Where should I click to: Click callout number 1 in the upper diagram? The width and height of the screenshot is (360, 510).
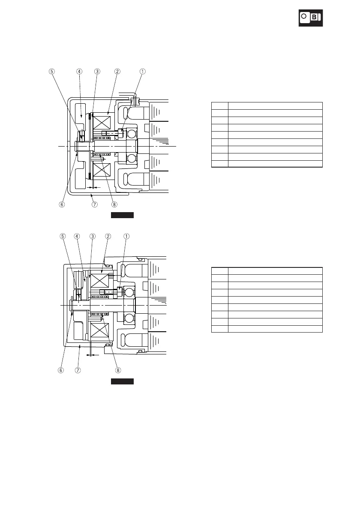[143, 72]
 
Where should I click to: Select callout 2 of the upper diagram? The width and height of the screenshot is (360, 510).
[117, 72]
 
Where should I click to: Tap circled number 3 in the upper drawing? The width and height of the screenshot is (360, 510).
[97, 72]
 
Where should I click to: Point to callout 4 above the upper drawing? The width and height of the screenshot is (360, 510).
[80, 72]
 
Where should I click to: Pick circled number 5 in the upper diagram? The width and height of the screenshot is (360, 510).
[52, 72]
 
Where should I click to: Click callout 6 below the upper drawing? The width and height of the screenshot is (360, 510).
[62, 205]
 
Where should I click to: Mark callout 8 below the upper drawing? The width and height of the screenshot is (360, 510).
[115, 205]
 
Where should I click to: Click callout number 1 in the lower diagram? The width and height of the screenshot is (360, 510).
[126, 236]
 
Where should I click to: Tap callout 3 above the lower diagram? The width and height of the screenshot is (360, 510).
[92, 236]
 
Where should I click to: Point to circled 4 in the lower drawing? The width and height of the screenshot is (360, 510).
[77, 236]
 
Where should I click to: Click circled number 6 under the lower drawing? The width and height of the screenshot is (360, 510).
[61, 370]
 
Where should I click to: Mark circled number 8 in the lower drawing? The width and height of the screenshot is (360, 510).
[118, 370]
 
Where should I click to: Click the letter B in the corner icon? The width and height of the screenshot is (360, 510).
[315, 17]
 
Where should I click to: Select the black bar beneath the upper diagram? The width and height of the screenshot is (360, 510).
[123, 215]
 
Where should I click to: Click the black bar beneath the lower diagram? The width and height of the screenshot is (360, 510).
[123, 381]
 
